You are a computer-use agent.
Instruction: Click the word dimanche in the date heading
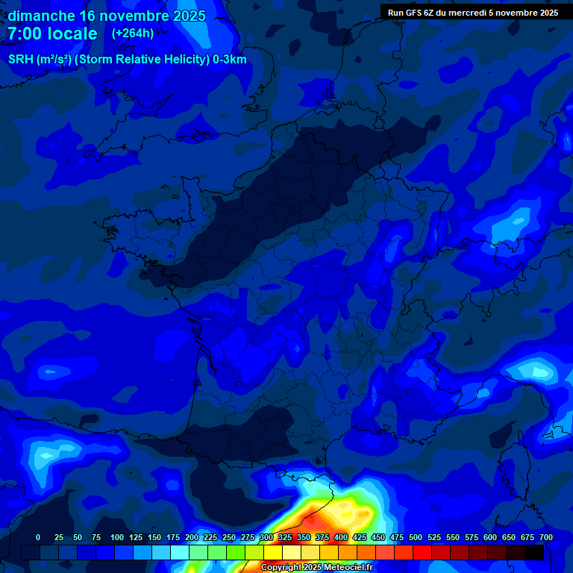tap(40, 16)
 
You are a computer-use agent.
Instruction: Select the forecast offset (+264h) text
tap(133, 34)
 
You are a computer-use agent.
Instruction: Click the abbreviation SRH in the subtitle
tap(20, 60)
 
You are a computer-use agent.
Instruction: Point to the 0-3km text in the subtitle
tap(230, 60)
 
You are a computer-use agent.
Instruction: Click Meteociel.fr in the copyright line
tap(343, 568)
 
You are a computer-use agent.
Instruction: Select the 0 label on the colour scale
tap(38, 537)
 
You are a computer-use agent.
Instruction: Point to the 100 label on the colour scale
tap(117, 537)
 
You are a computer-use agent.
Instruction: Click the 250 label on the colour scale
tap(229, 537)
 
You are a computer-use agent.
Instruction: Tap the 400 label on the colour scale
tap(341, 537)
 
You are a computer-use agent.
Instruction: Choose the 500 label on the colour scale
tap(416, 537)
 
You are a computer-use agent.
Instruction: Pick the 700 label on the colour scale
tap(546, 537)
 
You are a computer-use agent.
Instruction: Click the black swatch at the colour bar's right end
tap(534, 552)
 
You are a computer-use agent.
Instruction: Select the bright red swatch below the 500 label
tap(422, 552)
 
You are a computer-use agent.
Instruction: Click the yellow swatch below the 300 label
tap(273, 552)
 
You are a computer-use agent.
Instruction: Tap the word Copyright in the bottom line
tap(281, 568)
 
